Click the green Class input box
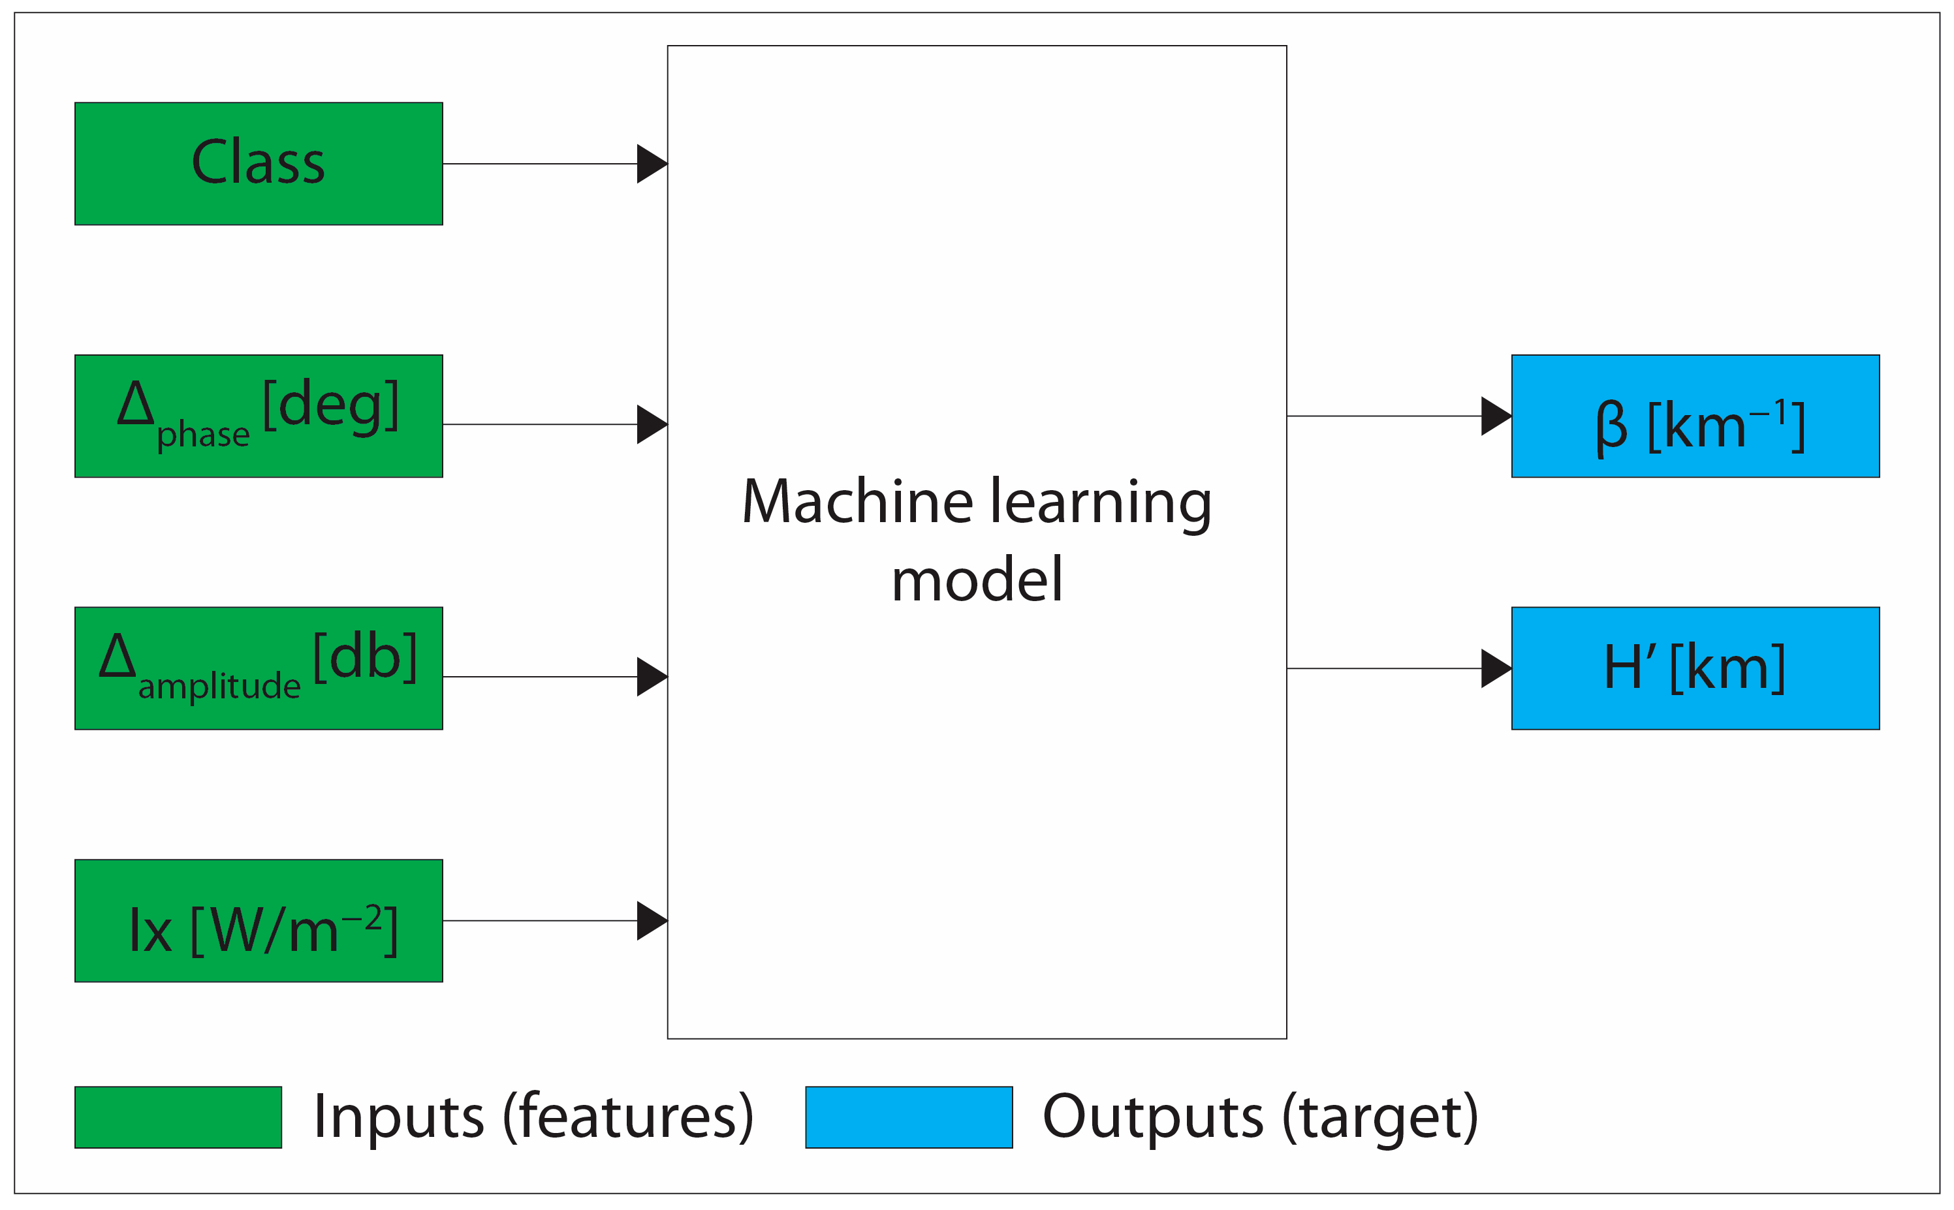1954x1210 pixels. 259,163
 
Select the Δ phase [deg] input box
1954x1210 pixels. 259,416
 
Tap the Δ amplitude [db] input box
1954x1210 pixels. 259,668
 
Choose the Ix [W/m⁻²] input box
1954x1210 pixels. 259,921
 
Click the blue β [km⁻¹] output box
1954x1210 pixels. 1695,416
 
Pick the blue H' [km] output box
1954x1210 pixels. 1695,668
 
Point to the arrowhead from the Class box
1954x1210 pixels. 651,164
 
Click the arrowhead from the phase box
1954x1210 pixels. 651,424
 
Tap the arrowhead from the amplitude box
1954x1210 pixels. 651,677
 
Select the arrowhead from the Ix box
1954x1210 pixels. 651,921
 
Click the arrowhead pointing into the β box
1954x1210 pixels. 1494,416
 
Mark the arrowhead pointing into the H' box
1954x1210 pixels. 1494,668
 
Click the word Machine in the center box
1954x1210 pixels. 857,503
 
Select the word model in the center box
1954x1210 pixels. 977,580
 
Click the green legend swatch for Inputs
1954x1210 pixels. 178,1117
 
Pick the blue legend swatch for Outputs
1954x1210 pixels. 909,1117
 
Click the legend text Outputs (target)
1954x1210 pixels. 1260,1117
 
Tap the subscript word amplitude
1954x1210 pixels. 219,687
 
